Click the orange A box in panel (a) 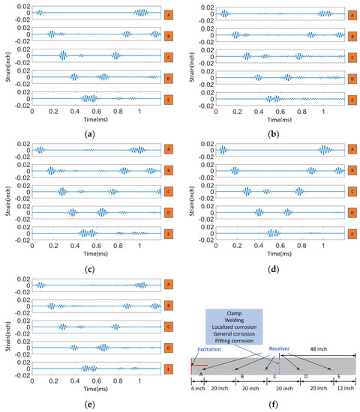(x=169, y=13)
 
